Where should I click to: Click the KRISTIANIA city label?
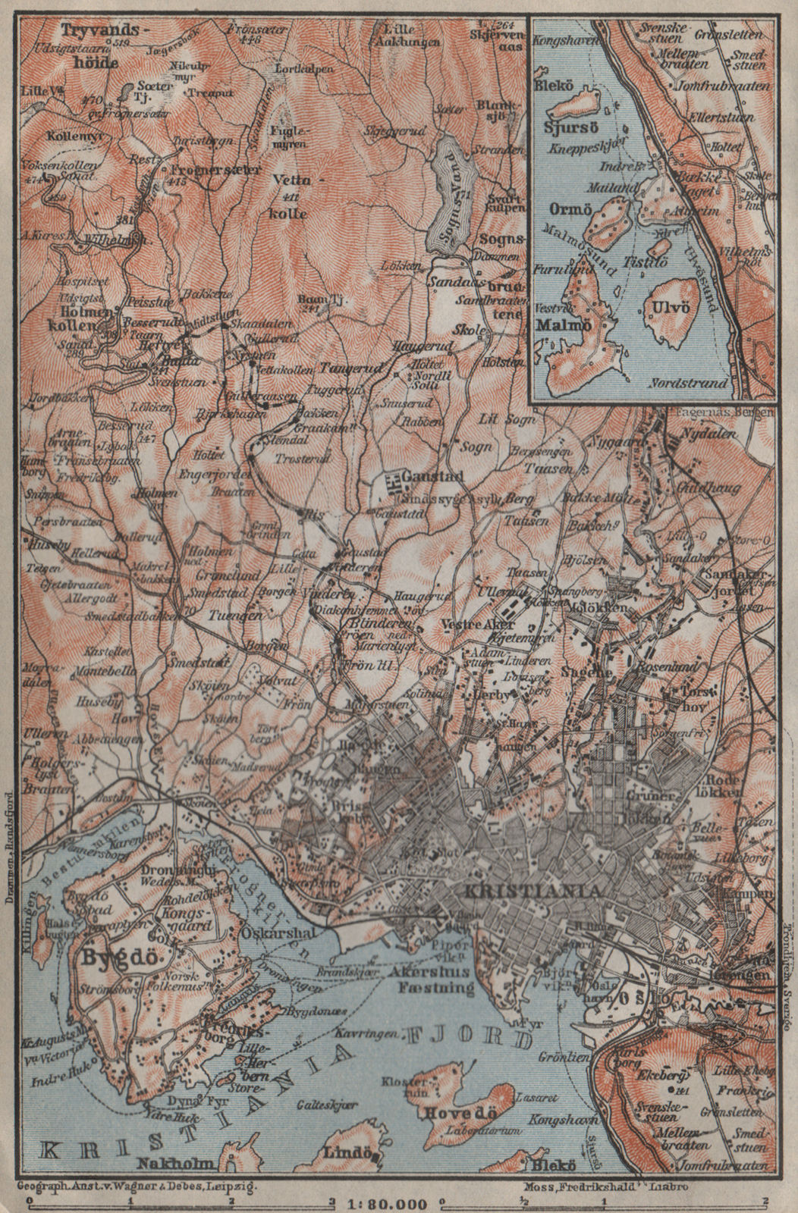pyautogui.click(x=520, y=890)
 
